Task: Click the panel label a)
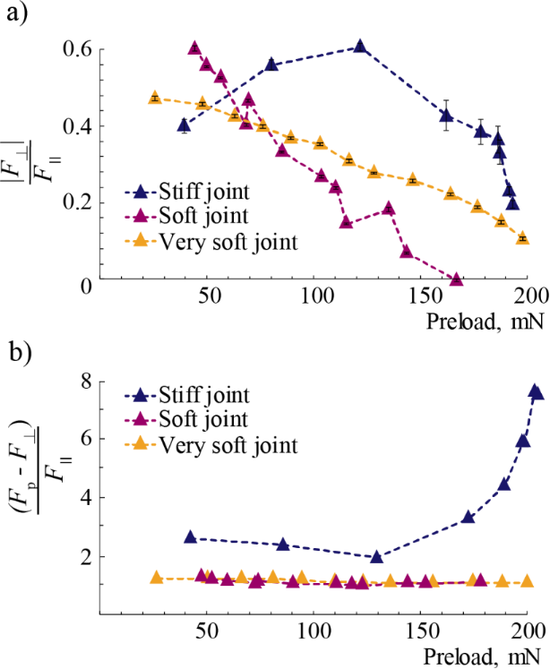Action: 15,14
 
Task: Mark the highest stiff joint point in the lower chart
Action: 536,390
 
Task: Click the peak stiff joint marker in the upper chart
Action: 359,47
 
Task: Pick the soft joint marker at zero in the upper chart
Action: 456,279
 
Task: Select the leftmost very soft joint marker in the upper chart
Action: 154,97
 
